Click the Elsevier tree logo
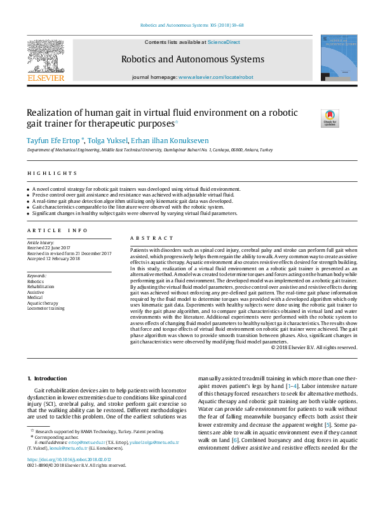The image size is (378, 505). coord(46,57)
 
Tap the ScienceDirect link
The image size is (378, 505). coord(224,42)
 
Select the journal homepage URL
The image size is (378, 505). coord(215,77)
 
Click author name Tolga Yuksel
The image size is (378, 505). coord(106,140)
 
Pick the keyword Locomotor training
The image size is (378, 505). coord(46,308)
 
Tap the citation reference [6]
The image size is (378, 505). coord(234,440)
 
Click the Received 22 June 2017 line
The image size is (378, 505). coord(48,248)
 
